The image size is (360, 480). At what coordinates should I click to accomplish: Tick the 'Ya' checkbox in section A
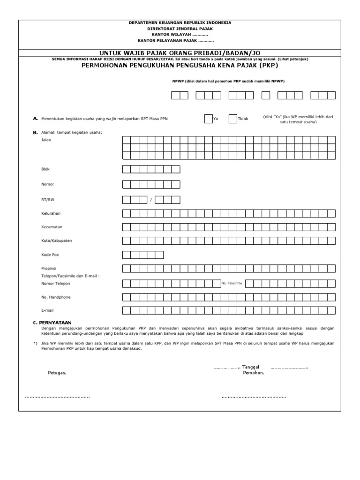(x=208, y=119)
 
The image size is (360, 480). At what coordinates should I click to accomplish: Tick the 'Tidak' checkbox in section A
(x=232, y=119)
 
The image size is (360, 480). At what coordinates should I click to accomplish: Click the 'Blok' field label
(x=45, y=169)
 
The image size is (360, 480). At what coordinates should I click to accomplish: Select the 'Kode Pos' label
(x=50, y=255)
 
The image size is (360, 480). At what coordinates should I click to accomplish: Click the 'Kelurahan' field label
(x=51, y=214)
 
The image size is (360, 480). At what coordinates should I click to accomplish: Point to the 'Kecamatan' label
(x=51, y=227)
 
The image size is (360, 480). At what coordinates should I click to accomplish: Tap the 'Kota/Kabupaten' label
(x=56, y=241)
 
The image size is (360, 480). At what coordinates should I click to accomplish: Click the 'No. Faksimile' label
(x=232, y=284)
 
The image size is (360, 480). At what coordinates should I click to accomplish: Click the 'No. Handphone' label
(x=56, y=297)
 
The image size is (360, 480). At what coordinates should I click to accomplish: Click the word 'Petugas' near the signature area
(x=57, y=373)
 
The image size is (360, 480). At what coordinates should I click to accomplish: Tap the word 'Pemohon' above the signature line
(x=253, y=373)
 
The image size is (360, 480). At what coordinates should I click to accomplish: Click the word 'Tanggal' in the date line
(x=251, y=367)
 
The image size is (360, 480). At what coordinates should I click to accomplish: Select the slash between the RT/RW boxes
(x=151, y=200)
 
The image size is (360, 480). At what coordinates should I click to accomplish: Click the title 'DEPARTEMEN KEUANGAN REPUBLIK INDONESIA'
(x=180, y=23)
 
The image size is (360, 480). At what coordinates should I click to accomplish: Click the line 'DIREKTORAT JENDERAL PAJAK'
(x=180, y=29)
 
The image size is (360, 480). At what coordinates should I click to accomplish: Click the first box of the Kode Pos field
(x=127, y=255)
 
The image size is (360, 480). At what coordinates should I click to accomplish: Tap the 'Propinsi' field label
(x=49, y=269)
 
